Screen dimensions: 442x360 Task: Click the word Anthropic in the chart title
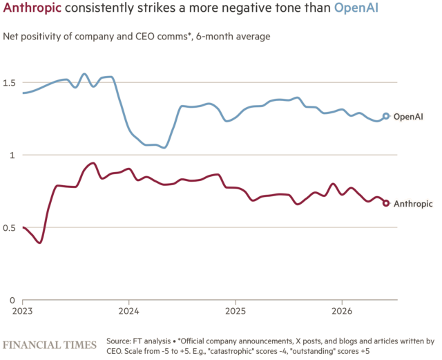click(x=32, y=8)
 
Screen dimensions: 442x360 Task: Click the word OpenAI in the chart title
click(x=356, y=8)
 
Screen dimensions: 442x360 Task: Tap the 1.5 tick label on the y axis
click(x=9, y=83)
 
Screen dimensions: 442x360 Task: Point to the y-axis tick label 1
click(x=12, y=155)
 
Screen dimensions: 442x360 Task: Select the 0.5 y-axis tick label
click(x=9, y=228)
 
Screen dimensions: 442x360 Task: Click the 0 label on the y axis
click(x=12, y=300)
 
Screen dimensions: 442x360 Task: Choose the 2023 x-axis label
click(x=22, y=311)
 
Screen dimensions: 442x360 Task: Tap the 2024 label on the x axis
click(x=129, y=311)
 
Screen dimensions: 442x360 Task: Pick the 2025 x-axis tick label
click(x=236, y=311)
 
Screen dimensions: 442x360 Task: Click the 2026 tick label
click(x=342, y=311)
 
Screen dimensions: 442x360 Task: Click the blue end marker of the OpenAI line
click(x=386, y=116)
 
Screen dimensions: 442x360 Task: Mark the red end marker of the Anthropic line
click(x=386, y=203)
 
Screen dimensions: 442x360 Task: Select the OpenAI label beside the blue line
click(x=408, y=117)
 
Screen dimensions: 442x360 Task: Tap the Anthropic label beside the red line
click(x=413, y=204)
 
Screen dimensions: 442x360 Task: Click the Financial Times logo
click(x=50, y=345)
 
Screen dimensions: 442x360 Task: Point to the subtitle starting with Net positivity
click(x=137, y=37)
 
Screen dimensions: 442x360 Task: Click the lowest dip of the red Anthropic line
click(x=40, y=243)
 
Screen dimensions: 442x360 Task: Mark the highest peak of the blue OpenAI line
click(x=84, y=74)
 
